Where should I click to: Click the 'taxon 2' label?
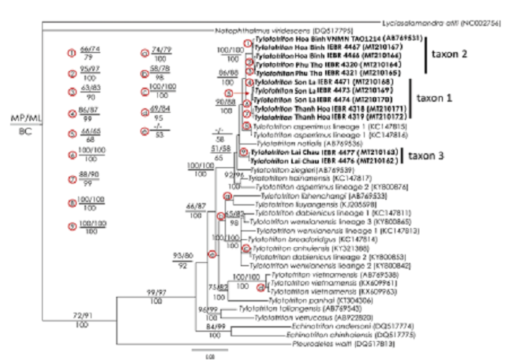[x=463, y=58]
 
